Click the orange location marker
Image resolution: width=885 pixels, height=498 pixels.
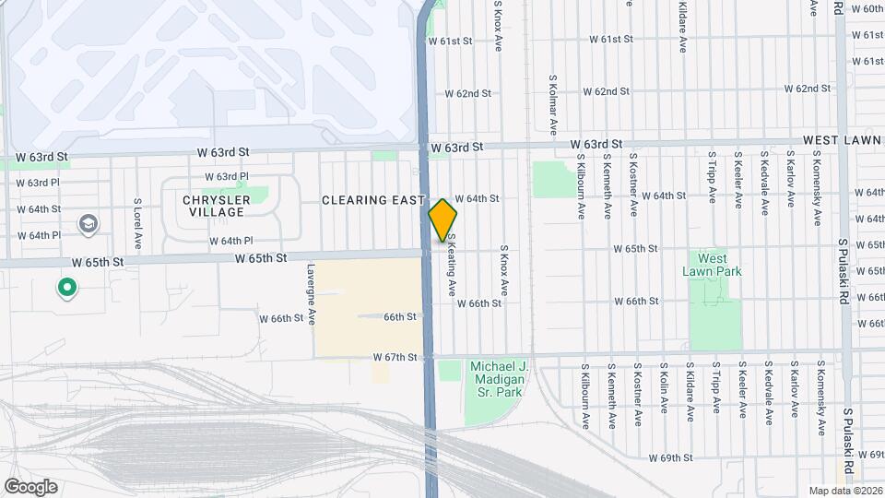443,220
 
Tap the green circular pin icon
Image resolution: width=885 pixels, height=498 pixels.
66,289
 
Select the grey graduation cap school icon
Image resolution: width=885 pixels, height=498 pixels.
88,224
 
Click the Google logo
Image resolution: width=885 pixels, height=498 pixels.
30,486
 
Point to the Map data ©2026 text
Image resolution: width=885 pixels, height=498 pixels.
844,491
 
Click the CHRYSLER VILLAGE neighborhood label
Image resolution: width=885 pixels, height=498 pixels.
216,206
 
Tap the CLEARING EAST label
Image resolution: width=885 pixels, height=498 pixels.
372,200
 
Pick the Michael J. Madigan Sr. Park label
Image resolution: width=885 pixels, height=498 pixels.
499,379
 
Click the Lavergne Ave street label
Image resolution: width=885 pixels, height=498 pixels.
313,295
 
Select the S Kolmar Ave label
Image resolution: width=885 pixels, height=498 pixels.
553,105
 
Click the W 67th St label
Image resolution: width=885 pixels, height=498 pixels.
395,357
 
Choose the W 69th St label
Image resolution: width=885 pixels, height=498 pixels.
670,457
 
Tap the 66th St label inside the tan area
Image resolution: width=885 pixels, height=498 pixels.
401,316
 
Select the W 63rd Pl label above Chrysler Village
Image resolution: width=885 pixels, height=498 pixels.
227,176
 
